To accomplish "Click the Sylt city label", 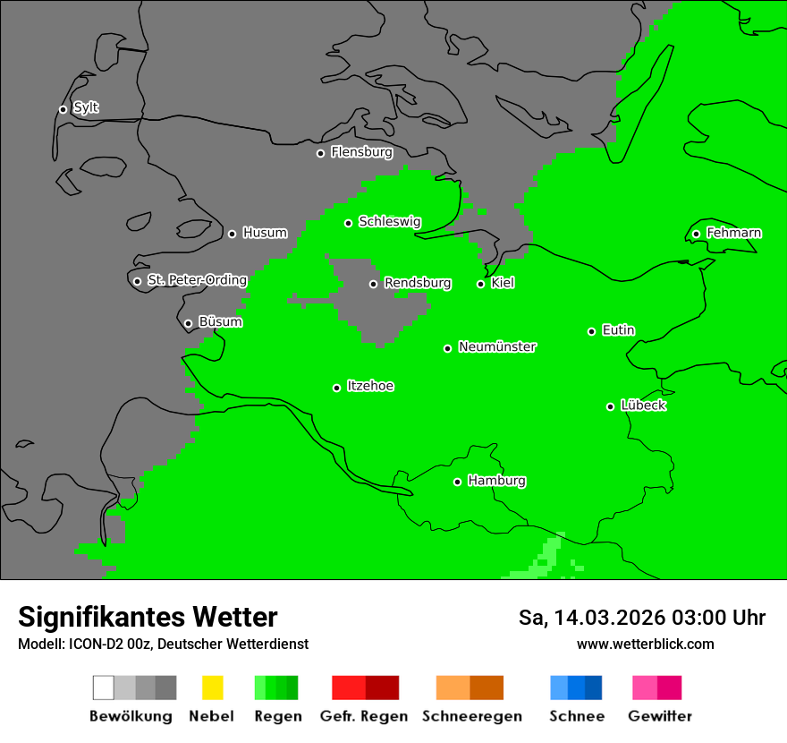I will pyautogui.click(x=86, y=108).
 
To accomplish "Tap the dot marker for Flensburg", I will pyautogui.click(x=320, y=153).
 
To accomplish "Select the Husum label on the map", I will pyautogui.click(x=265, y=233).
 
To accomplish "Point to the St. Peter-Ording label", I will pyautogui.click(x=197, y=280).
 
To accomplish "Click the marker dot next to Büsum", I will pyautogui.click(x=188, y=323).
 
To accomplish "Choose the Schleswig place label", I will pyautogui.click(x=389, y=222).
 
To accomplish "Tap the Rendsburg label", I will pyautogui.click(x=418, y=284).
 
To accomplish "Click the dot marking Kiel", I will pyautogui.click(x=480, y=284).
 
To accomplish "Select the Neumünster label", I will pyautogui.click(x=497, y=347).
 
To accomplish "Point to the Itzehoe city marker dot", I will pyautogui.click(x=336, y=388).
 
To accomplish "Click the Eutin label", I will pyautogui.click(x=618, y=330).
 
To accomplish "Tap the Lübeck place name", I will pyautogui.click(x=643, y=406).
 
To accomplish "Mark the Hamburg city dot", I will pyautogui.click(x=457, y=482).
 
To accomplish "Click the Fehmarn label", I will pyautogui.click(x=733, y=233).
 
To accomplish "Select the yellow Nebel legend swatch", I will pyautogui.click(x=212, y=687).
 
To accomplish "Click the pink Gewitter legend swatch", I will pyautogui.click(x=657, y=687).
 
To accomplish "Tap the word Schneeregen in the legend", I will pyautogui.click(x=471, y=716).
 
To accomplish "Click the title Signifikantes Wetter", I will pyautogui.click(x=148, y=617).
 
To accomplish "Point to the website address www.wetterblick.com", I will pyautogui.click(x=645, y=645).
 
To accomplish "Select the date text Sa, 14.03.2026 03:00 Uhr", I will pyautogui.click(x=641, y=618).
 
